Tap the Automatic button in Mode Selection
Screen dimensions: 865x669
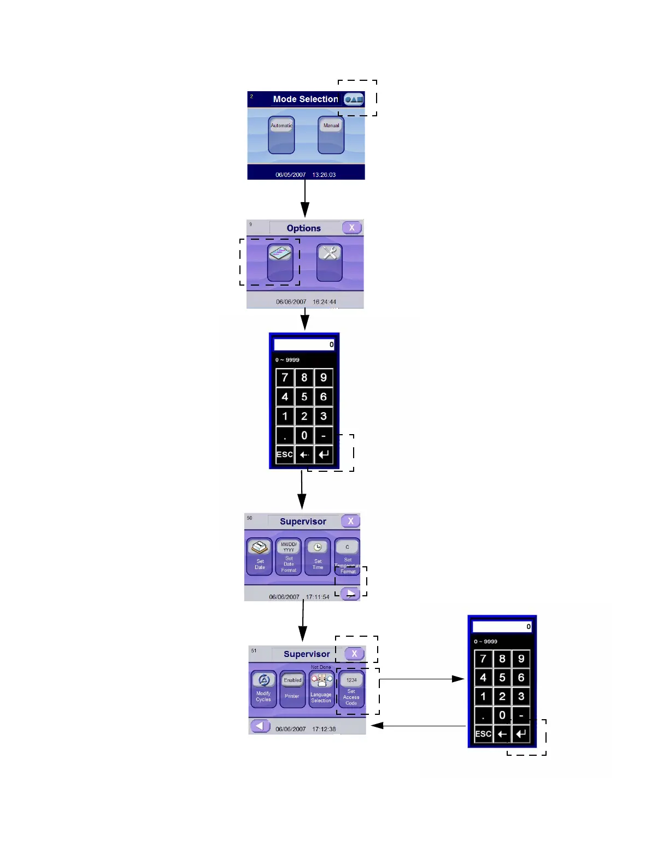[281, 135]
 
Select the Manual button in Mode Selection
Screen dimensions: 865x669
[331, 135]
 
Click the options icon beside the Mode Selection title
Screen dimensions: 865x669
[354, 99]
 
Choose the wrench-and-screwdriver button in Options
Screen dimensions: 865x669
[330, 262]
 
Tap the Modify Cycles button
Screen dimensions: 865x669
[263, 689]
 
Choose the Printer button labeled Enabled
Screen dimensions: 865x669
[292, 689]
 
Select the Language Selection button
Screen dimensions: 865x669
[321, 689]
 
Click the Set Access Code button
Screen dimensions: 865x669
[351, 689]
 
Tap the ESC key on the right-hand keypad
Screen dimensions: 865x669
[483, 734]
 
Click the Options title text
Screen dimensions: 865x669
[304, 228]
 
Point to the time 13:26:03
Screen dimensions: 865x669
[324, 175]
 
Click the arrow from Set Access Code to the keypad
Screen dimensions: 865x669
[421, 679]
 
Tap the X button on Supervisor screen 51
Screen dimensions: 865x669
[354, 654]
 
